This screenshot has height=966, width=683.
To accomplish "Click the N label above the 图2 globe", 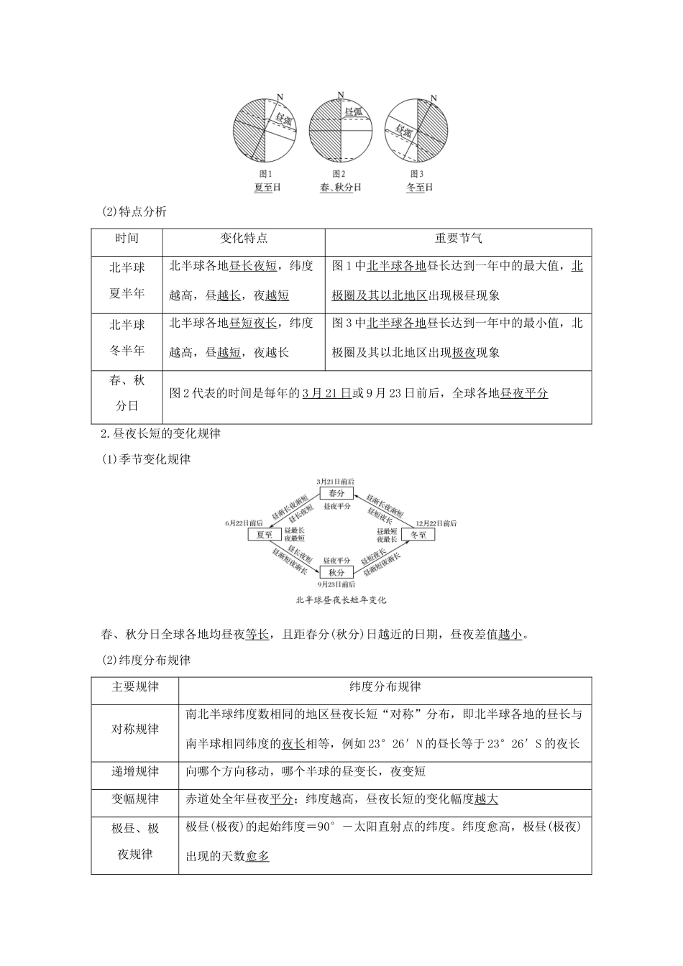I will (x=339, y=94).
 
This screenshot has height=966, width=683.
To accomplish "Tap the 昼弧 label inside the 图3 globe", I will (x=404, y=131).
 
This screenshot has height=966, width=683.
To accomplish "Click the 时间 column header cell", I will (x=127, y=239).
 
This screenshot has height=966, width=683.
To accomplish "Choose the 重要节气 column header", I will (x=458, y=239).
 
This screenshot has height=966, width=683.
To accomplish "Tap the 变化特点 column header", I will (x=243, y=239).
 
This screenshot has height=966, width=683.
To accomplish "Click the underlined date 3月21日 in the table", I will (x=326, y=393).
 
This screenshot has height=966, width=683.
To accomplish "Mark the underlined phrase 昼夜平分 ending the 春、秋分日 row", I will (x=524, y=393).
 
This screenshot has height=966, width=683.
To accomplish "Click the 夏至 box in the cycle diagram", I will (x=264, y=535).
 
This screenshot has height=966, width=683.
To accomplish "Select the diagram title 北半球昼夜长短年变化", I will (x=341, y=599).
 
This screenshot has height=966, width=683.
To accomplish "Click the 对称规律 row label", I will (x=135, y=729).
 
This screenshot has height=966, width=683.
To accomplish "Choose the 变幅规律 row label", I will (x=135, y=799).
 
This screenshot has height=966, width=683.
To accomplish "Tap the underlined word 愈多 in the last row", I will (x=257, y=856).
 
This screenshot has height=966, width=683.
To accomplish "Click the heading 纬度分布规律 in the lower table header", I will (x=385, y=687).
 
